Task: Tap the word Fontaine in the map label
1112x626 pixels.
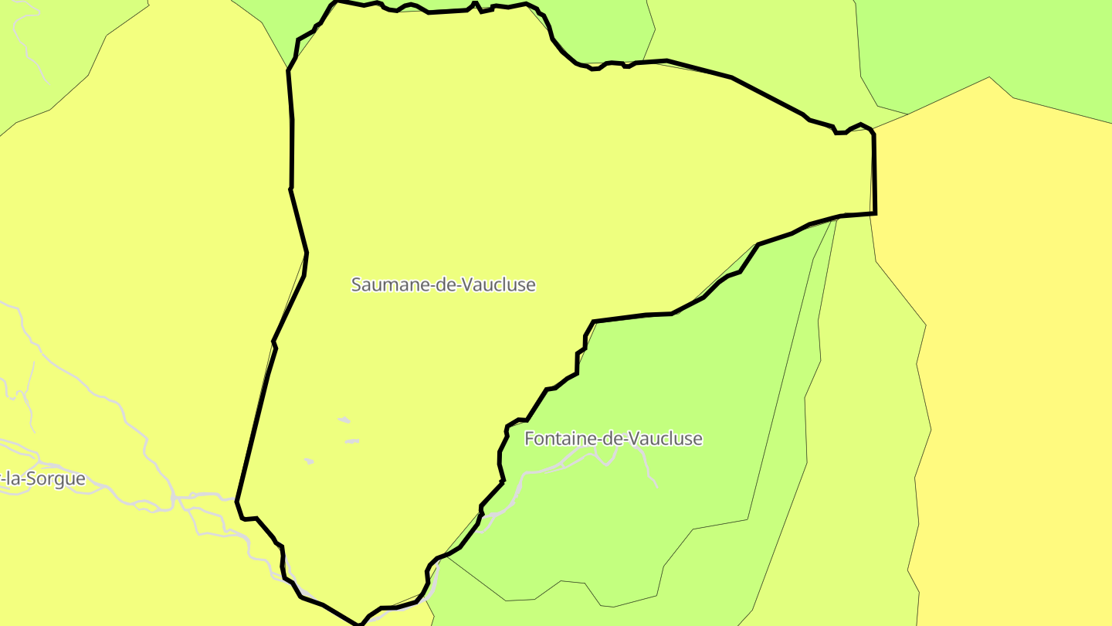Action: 554,439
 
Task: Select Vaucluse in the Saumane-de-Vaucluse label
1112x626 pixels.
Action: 501,284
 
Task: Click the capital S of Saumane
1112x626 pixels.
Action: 357,284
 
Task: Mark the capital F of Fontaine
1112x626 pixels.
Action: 529,439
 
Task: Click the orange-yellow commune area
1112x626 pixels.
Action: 1004,309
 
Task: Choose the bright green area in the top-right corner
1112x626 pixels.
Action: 1004,39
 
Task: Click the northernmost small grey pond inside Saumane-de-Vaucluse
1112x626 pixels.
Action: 344,420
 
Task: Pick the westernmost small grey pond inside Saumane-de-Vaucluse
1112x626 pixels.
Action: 309,461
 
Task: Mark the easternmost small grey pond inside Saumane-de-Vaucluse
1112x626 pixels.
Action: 353,441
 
